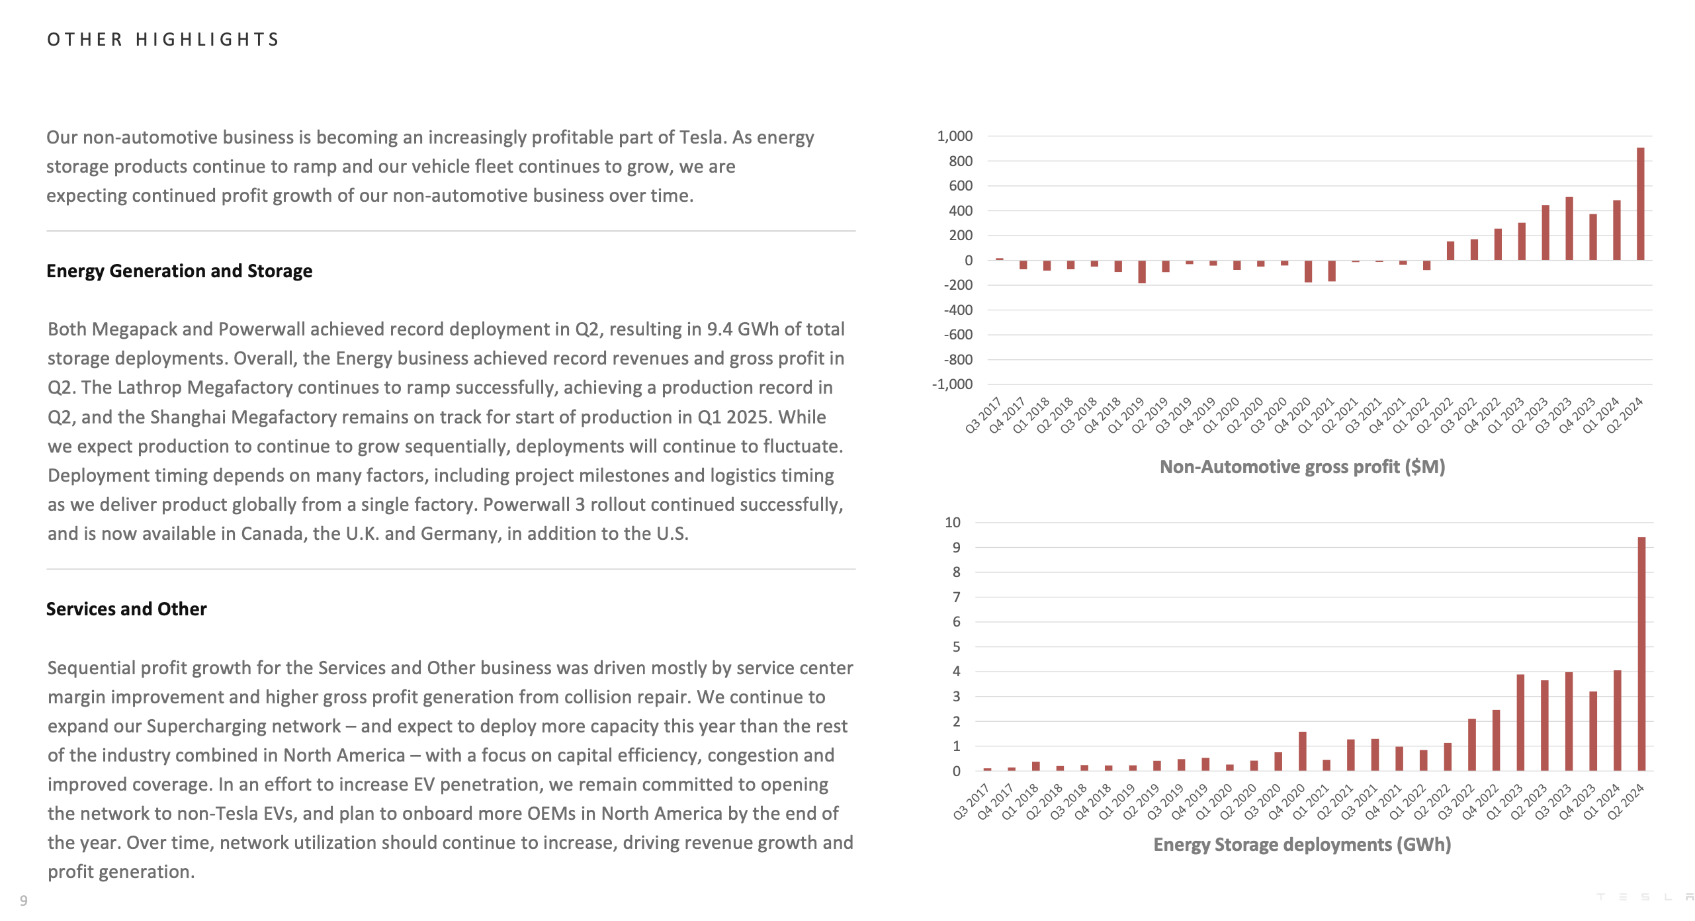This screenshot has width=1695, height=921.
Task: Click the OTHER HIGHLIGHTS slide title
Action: (163, 40)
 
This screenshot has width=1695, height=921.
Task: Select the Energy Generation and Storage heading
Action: (179, 271)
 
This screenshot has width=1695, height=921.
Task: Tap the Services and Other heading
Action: (126, 609)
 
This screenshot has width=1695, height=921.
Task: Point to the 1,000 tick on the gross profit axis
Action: (955, 136)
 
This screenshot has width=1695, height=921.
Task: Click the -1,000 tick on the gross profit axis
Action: (952, 384)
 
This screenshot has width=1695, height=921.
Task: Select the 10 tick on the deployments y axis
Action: (952, 523)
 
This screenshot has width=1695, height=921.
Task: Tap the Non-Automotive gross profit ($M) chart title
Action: (1302, 467)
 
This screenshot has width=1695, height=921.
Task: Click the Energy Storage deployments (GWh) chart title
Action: (1302, 845)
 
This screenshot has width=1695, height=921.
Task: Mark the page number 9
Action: (24, 900)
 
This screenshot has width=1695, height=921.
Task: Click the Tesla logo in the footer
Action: (1645, 897)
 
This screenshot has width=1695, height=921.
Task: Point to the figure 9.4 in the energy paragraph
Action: (719, 329)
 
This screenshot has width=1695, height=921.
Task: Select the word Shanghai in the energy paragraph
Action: (188, 417)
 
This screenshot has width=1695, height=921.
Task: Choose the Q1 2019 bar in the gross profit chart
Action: (1142, 272)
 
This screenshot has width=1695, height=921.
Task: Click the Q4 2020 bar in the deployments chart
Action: (1302, 751)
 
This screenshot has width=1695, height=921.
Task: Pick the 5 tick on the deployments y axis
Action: (956, 647)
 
